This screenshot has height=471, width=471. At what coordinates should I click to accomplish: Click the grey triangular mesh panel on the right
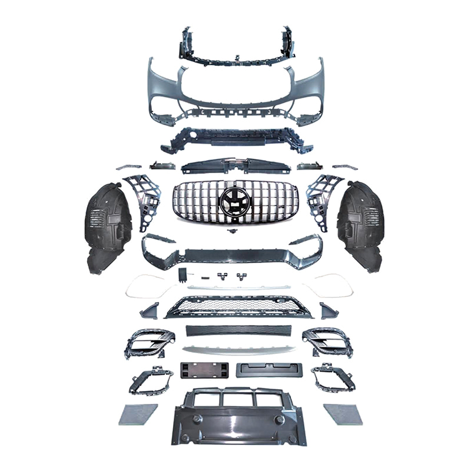click(x=343, y=414)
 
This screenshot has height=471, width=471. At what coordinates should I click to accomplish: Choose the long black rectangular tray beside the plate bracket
click(x=267, y=370)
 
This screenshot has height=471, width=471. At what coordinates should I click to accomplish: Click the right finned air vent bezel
click(x=326, y=341)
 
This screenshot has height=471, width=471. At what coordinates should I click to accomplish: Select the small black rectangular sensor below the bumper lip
click(x=183, y=274)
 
